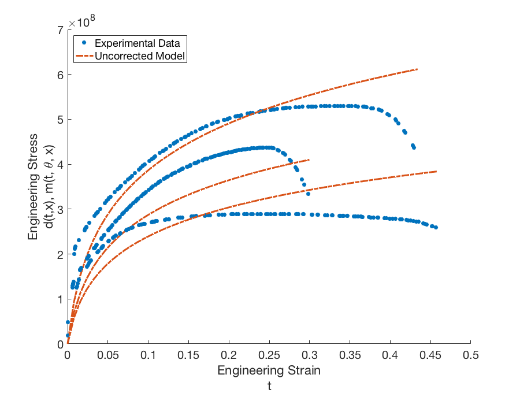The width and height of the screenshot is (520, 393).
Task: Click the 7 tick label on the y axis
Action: (x=60, y=29)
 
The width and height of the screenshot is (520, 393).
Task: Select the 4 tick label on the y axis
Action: (x=60, y=164)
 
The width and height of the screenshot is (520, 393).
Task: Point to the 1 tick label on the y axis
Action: (x=60, y=299)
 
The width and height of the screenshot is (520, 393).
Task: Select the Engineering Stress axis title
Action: (x=34, y=187)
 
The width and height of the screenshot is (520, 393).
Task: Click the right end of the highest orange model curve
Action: (x=417, y=69)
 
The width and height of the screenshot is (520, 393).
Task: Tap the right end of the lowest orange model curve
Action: (x=436, y=172)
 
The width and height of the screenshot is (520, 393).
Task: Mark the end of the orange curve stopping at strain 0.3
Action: (x=309, y=160)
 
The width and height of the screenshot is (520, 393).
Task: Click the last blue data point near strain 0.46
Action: (x=436, y=227)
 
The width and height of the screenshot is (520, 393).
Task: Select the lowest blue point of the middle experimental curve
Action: (x=309, y=194)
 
